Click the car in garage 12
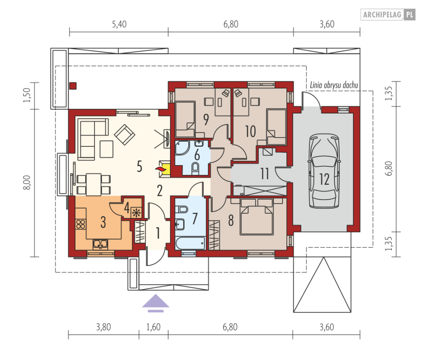[324, 171]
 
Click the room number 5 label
[139, 166]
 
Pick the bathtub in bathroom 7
[190, 243]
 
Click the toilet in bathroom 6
[195, 168]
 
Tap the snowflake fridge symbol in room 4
[136, 212]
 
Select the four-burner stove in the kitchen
[81, 224]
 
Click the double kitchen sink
[100, 244]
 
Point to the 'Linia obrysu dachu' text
[334, 85]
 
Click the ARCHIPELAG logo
[388, 15]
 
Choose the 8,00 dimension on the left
[27, 183]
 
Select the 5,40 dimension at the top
[119, 24]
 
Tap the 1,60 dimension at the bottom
[153, 327]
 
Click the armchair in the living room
[125, 134]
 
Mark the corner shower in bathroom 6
[182, 148]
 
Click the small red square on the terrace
[73, 86]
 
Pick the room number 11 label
[265, 174]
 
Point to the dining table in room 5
[94, 184]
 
